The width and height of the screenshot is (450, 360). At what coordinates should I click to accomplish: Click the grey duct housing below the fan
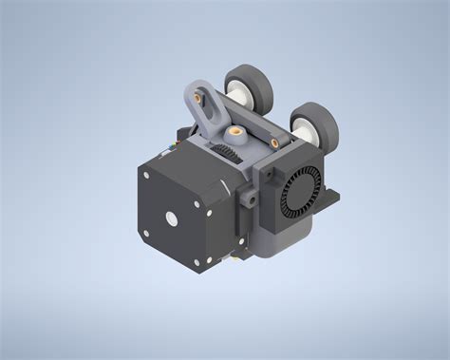coord(285,233)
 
